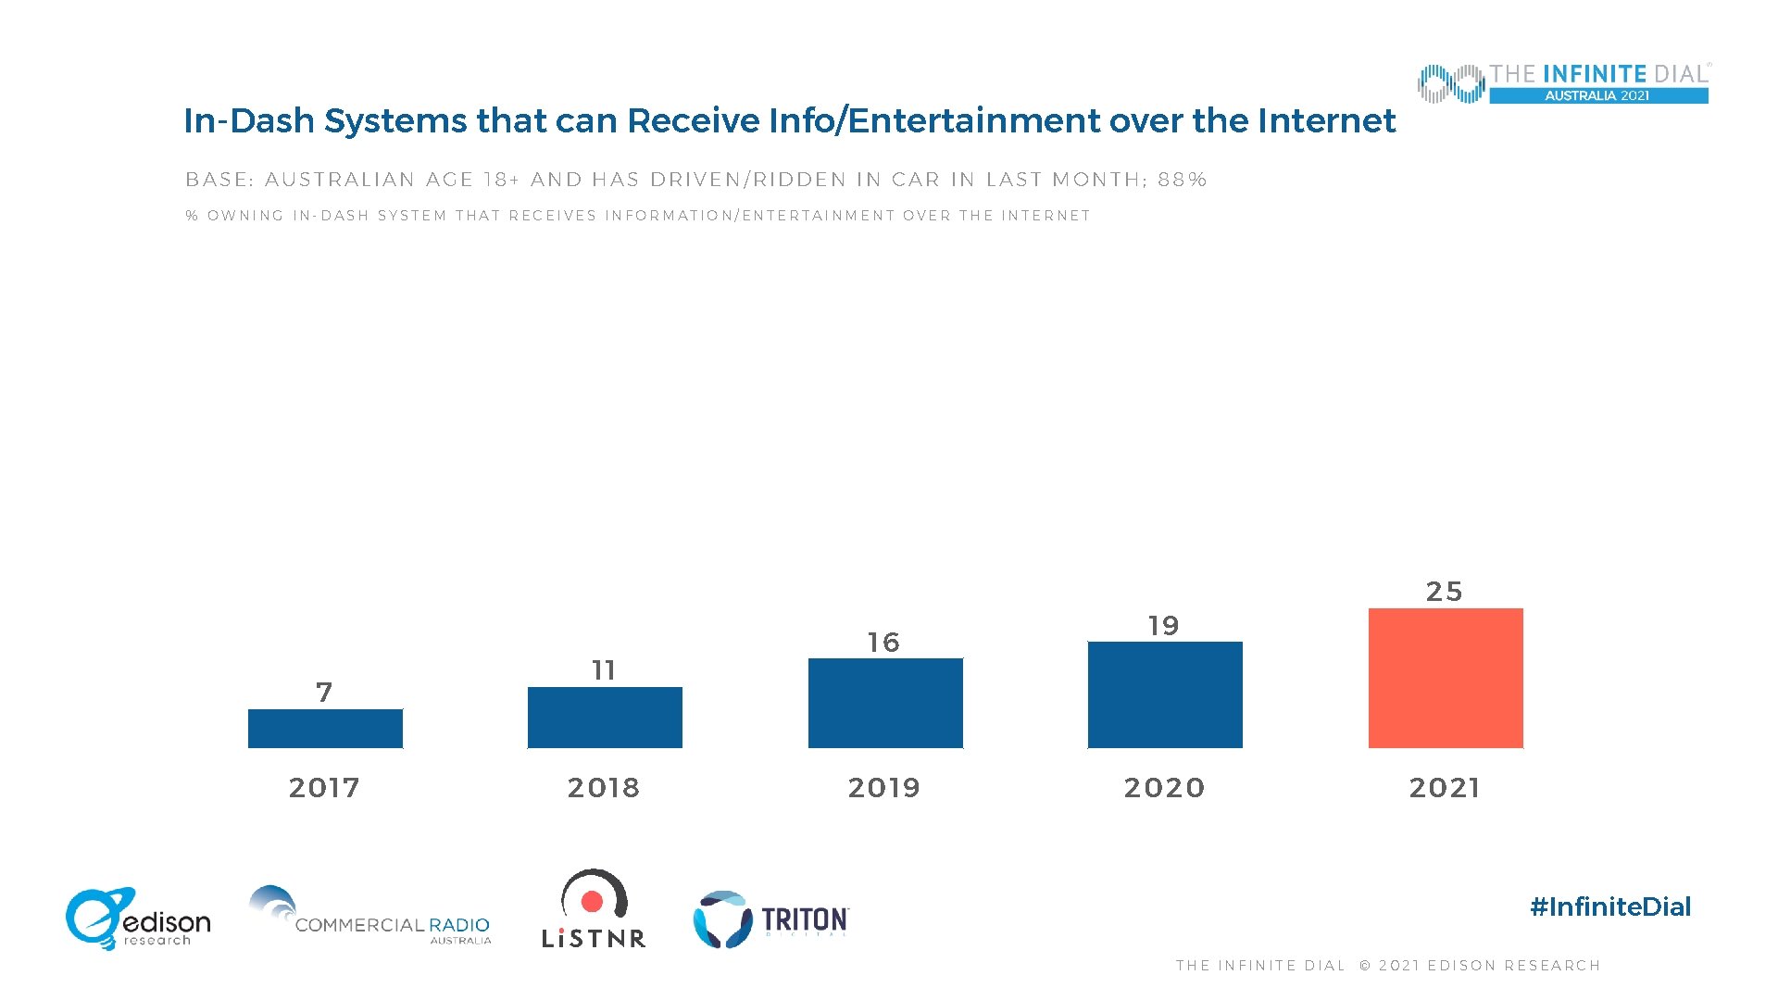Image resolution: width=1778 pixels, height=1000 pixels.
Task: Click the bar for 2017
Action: [325, 729]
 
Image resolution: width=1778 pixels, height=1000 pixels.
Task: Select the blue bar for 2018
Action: [605, 718]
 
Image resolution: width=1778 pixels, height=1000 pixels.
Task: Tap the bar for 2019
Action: [885, 703]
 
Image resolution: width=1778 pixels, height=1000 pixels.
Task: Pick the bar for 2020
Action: [1165, 694]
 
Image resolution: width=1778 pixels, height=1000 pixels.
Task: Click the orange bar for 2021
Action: [1446, 678]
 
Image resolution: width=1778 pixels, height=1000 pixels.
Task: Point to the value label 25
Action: [1444, 592]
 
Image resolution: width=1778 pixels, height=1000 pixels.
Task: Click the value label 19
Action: [1164, 626]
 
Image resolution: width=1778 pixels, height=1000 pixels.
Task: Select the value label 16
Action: [883, 643]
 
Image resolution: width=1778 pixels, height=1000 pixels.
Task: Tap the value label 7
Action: [324, 693]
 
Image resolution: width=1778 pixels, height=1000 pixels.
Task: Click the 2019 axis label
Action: [884, 788]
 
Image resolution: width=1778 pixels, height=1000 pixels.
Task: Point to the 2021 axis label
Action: [1445, 788]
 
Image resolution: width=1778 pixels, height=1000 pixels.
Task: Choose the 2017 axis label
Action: [324, 788]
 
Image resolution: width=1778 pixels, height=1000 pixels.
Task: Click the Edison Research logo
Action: [138, 919]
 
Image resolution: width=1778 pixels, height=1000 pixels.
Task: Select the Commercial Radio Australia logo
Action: [370, 917]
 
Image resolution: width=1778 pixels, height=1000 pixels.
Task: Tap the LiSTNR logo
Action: [594, 909]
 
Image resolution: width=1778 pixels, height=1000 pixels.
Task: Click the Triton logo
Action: [771, 919]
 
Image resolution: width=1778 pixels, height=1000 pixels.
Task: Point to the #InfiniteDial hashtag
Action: [1610, 906]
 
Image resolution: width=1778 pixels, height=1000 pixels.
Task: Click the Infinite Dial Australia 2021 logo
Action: [1563, 83]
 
